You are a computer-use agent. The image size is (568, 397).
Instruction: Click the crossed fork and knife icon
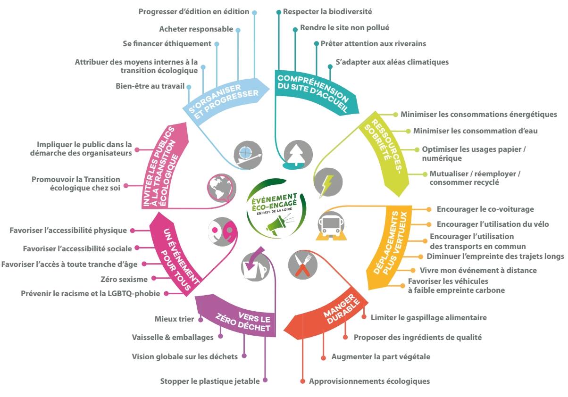pyautogui.click(x=301, y=264)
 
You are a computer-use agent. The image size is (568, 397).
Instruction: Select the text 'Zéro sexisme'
pyautogui.click(x=124, y=279)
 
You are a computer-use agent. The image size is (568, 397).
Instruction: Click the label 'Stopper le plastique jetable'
pyautogui.click(x=210, y=381)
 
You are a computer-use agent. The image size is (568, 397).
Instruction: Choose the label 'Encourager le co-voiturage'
pyautogui.click(x=479, y=209)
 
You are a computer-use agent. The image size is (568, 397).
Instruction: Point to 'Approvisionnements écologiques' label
pyautogui.click(x=369, y=381)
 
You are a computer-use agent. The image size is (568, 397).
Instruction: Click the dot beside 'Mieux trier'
pyautogui.click(x=200, y=319)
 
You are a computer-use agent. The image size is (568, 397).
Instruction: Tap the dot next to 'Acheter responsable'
pyautogui.click(x=238, y=30)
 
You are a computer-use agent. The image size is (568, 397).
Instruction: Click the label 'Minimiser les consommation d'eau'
pyautogui.click(x=475, y=131)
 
